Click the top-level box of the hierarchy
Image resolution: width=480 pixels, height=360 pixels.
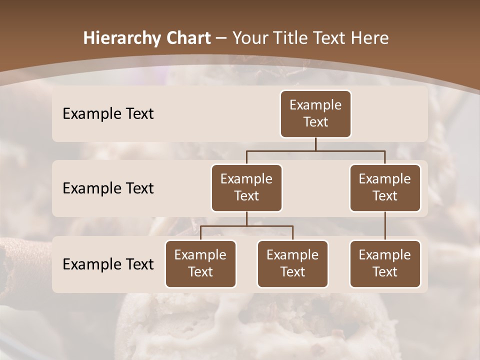315,114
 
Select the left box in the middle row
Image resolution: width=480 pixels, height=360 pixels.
246,188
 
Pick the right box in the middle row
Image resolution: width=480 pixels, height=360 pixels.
385,188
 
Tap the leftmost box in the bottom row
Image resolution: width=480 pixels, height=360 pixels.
200,264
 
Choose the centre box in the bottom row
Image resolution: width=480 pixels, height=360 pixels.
292,264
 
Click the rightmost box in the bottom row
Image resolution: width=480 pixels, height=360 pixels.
385,264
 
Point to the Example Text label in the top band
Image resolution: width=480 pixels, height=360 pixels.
108,114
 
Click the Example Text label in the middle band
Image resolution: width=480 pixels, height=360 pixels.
108,188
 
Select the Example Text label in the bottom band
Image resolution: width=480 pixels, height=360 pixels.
108,264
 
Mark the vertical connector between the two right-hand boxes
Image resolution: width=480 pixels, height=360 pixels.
385,226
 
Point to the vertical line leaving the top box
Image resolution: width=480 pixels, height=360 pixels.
315,144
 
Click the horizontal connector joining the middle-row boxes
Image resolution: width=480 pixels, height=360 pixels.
315,150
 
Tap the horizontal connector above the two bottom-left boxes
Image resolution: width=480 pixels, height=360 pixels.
246,226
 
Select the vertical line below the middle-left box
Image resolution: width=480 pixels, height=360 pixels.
246,218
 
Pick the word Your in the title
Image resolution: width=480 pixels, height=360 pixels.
248,38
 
